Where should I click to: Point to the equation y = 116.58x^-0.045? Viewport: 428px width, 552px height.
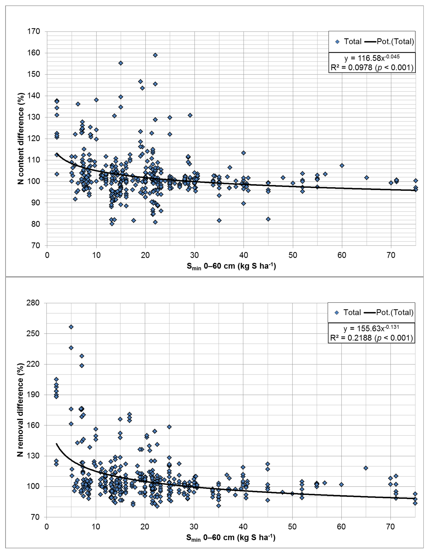372,58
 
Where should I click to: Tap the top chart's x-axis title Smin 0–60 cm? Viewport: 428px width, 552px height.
231,266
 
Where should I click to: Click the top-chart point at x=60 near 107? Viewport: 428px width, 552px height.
342,166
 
